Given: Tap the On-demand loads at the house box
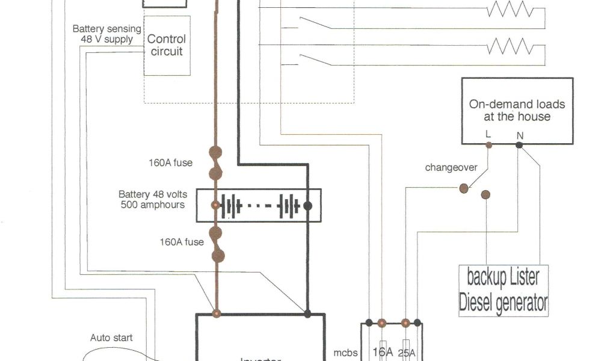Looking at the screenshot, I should [x=517, y=111].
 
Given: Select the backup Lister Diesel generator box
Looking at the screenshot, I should [x=503, y=290].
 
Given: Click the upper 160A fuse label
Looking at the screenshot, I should [x=171, y=162].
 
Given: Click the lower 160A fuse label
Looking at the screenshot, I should [x=181, y=242].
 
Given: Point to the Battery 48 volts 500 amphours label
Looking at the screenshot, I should [x=153, y=199].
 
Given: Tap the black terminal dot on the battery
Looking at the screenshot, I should [x=307, y=206].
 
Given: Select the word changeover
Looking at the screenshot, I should [x=451, y=167].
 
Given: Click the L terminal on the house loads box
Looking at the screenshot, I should [x=488, y=145].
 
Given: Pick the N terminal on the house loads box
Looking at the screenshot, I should [x=519, y=145].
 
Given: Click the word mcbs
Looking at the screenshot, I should [x=345, y=353].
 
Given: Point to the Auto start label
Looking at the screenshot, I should [x=111, y=338].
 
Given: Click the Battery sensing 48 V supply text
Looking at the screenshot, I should [x=106, y=34].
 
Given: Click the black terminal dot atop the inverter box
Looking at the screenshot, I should [x=307, y=313].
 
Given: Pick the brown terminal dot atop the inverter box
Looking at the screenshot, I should [x=216, y=313].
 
